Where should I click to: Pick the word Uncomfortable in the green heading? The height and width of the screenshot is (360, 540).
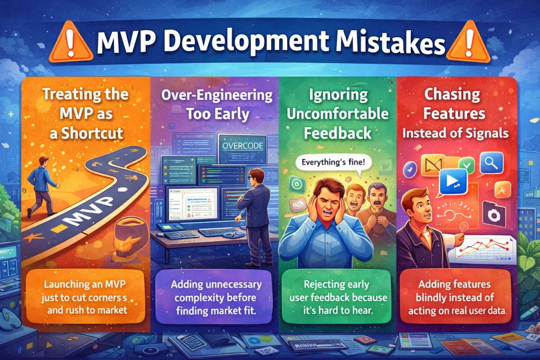point(338,114)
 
